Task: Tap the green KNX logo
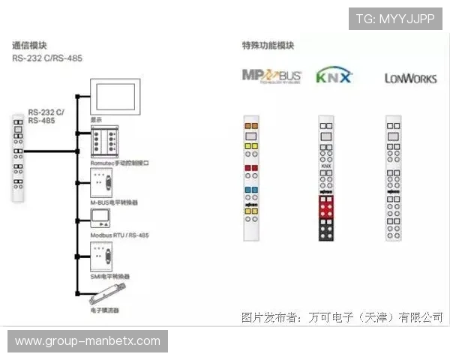[x=334, y=75]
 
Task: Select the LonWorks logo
[x=410, y=77]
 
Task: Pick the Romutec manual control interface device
[x=107, y=141]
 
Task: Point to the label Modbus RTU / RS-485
[x=119, y=235]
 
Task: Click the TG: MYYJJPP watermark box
[x=395, y=19]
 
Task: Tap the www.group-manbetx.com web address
[x=88, y=341]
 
